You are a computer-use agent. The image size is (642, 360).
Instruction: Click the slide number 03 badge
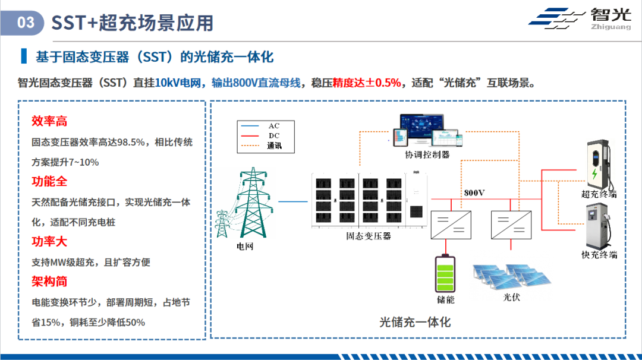23,23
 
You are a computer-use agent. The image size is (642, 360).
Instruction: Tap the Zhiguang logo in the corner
580,19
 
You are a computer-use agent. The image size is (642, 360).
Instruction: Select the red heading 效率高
49,121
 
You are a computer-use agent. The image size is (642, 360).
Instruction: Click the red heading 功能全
49,181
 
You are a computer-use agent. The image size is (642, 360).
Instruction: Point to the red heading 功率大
49,241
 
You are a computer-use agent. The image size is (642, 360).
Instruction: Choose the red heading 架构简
49,282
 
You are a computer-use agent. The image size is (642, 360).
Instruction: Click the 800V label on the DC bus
474,192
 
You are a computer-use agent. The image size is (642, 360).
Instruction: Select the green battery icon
445,273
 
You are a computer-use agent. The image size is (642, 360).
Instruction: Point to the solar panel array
512,277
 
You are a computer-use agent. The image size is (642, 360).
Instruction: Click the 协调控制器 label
427,154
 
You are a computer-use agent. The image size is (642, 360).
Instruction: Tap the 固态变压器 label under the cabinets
369,236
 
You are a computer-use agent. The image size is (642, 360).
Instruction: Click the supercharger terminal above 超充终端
599,163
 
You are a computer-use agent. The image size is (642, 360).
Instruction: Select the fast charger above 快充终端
599,226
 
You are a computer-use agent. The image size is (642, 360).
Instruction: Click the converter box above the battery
451,225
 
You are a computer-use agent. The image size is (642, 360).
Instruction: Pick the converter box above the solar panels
511,225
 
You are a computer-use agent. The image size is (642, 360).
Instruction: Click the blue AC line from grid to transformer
292,201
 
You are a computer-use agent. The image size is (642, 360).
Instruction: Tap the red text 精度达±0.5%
366,83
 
